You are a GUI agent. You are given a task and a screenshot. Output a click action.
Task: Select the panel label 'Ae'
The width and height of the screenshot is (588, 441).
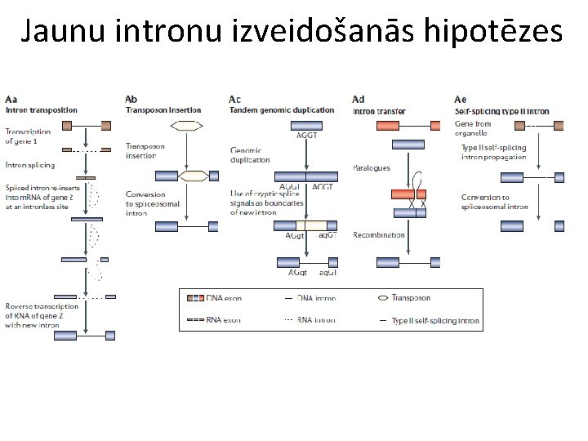click(461, 100)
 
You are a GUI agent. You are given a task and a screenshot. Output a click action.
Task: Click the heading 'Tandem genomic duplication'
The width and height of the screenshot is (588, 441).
click(282, 110)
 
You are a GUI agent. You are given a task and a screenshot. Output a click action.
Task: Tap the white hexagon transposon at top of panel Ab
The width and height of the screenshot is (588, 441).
click(188, 126)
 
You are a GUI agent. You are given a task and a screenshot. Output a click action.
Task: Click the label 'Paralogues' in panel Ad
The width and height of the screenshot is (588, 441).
click(371, 168)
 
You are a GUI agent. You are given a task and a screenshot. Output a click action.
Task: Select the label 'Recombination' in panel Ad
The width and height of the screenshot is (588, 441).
click(378, 235)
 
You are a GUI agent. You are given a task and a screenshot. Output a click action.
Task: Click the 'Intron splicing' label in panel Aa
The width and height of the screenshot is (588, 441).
click(30, 165)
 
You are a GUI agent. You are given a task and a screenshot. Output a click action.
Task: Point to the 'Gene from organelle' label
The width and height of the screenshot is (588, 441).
click(473, 128)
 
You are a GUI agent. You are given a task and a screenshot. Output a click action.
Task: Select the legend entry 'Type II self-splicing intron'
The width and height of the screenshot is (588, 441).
click(435, 321)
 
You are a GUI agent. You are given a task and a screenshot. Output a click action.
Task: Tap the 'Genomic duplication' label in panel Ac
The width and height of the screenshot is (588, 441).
click(251, 155)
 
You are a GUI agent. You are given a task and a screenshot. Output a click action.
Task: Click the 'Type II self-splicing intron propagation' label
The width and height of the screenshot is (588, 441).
click(494, 151)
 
